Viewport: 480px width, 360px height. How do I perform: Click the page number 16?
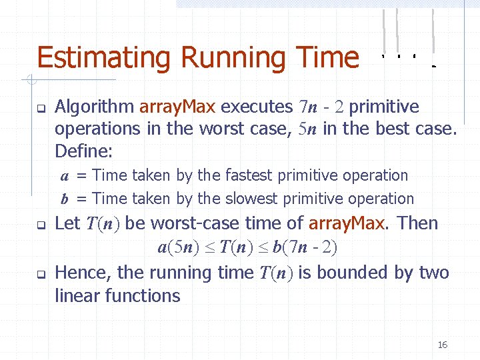[442, 345]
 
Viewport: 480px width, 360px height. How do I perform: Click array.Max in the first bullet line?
[178, 107]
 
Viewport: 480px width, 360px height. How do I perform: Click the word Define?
[84, 151]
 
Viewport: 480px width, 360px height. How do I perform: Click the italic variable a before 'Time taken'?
[65, 176]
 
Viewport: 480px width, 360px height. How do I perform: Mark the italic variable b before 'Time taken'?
[65, 199]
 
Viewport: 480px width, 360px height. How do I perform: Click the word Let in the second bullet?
[67, 223]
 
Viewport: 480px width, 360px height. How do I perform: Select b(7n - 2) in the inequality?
[306, 248]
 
